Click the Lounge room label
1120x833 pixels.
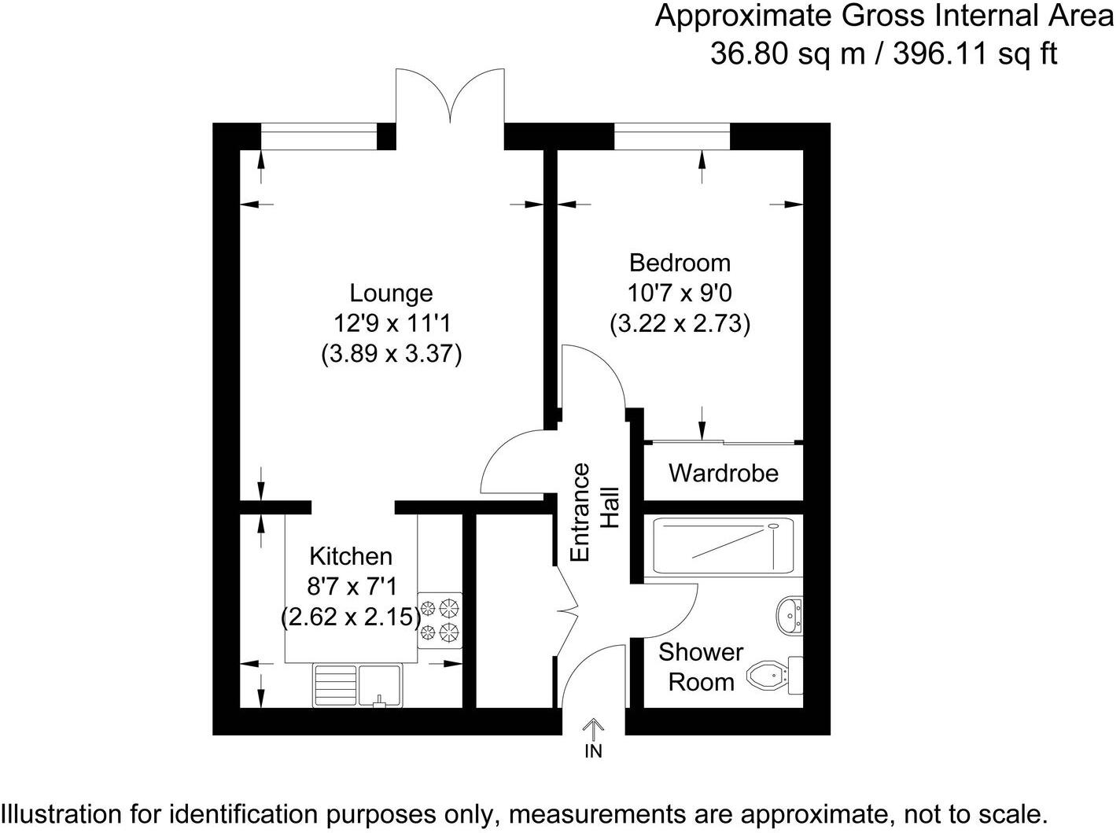pos(391,293)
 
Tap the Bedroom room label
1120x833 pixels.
pos(680,262)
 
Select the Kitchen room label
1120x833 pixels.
pos(350,556)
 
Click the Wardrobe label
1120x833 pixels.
pos(723,473)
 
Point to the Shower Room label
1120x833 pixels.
pos(700,666)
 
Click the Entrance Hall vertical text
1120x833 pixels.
pos(594,513)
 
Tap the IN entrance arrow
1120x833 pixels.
pos(593,730)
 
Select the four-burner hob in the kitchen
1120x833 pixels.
pos(440,620)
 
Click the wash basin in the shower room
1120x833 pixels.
pos(789,615)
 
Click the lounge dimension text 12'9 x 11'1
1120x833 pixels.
pos(391,323)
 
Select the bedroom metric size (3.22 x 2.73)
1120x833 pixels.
pos(680,323)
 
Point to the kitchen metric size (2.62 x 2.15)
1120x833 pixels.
pos(350,617)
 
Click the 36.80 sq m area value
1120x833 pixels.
pos(790,53)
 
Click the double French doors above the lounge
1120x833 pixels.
pos(450,98)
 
